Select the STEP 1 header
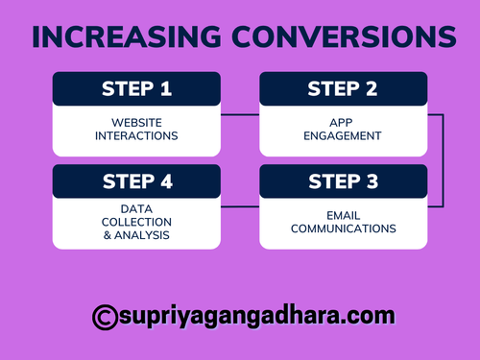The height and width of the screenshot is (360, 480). pos(136,89)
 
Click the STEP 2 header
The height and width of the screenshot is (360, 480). pos(344,89)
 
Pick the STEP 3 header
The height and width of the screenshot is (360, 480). pos(344,181)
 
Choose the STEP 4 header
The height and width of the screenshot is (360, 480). pos(136,181)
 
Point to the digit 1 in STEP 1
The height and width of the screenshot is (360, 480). pos(166,89)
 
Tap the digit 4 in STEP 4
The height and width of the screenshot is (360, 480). pos(167,181)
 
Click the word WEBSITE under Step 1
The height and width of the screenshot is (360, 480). pos(136,122)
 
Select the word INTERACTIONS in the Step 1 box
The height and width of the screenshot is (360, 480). pos(136,135)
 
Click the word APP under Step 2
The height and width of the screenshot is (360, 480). pos(344,122)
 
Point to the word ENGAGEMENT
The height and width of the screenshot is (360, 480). pos(344,135)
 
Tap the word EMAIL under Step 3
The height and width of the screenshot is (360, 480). pos(344,215)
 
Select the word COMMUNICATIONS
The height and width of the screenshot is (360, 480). pos(344,228)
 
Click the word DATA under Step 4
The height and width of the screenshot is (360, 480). pos(136,207)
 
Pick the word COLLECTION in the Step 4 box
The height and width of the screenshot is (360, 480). pos(136,220)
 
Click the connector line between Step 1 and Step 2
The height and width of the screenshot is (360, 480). pos(240,115)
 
